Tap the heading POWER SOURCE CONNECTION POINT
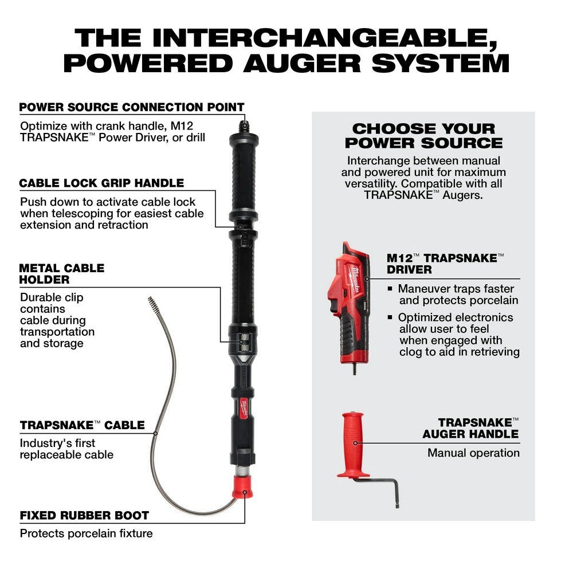[132, 107]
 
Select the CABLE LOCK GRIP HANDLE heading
[101, 183]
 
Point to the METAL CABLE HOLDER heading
[61, 274]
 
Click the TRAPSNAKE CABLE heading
[82, 425]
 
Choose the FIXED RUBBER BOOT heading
[84, 515]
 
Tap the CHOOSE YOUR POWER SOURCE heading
[423, 136]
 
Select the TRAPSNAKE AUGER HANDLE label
[470, 428]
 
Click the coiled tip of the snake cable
[152, 303]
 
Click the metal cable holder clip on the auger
[242, 342]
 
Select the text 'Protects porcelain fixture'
[86, 533]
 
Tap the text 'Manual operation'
[473, 453]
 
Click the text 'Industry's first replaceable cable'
[66, 449]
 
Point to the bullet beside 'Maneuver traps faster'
[390, 289]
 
